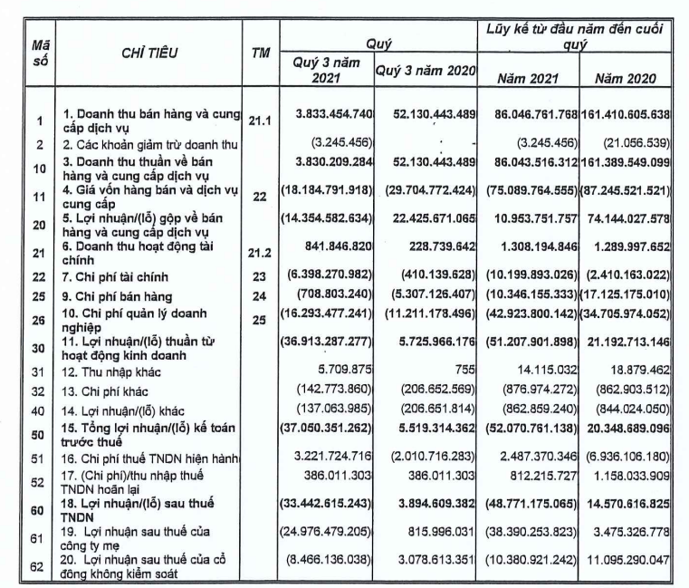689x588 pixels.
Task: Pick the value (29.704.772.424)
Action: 423,191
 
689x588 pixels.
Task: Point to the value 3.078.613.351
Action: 426,563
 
